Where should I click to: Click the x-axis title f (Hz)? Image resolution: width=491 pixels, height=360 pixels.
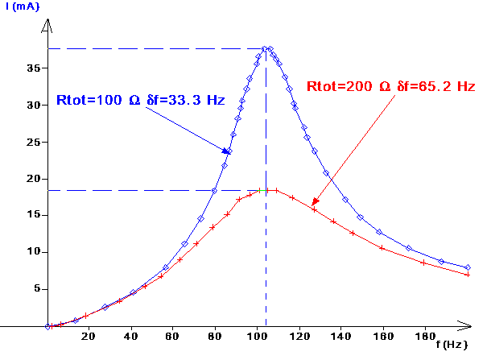pos(452,344)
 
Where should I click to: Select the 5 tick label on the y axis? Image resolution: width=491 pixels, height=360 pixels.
pos(37,288)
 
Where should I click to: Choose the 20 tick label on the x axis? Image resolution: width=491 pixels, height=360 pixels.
pos(88,337)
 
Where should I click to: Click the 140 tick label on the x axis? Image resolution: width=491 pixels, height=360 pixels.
pos(339,337)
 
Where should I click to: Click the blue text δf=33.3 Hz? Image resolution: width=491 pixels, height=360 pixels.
pos(186,101)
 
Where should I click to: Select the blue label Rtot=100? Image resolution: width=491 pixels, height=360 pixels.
pos(90,101)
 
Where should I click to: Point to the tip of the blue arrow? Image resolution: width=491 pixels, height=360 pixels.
pos(232,153)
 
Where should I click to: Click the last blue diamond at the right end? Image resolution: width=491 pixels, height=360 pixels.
pos(467,267)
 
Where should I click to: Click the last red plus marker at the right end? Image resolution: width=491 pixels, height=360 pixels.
pos(467,275)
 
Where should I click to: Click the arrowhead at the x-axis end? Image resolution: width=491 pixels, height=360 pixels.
pos(467,325)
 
